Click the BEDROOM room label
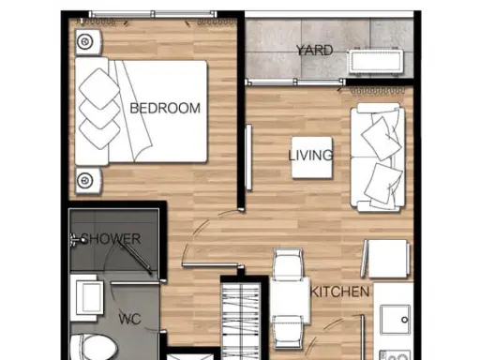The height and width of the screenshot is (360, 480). tap(165, 108)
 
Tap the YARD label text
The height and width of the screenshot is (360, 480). tap(314, 51)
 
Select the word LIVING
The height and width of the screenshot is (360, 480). tap(310, 156)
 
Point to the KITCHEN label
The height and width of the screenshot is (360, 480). tap(339, 292)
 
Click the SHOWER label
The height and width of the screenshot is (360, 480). tap(111, 239)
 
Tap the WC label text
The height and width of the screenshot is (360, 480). tap(129, 319)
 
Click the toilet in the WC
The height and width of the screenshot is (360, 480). tap(94, 348)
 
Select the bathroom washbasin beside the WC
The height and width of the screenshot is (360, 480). tap(87, 298)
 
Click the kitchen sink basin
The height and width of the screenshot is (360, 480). tap(396, 320)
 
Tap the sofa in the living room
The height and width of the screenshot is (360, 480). tap(378, 157)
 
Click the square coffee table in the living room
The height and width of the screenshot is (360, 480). tap(312, 157)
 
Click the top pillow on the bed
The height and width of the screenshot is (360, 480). tap(99, 88)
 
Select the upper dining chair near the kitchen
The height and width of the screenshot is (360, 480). tap(288, 264)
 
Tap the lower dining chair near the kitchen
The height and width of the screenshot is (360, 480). tap(288, 332)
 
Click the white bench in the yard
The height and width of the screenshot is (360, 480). tap(376, 61)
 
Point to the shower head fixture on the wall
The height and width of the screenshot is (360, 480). tap(79, 240)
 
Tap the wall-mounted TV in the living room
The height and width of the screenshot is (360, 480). tap(248, 157)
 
